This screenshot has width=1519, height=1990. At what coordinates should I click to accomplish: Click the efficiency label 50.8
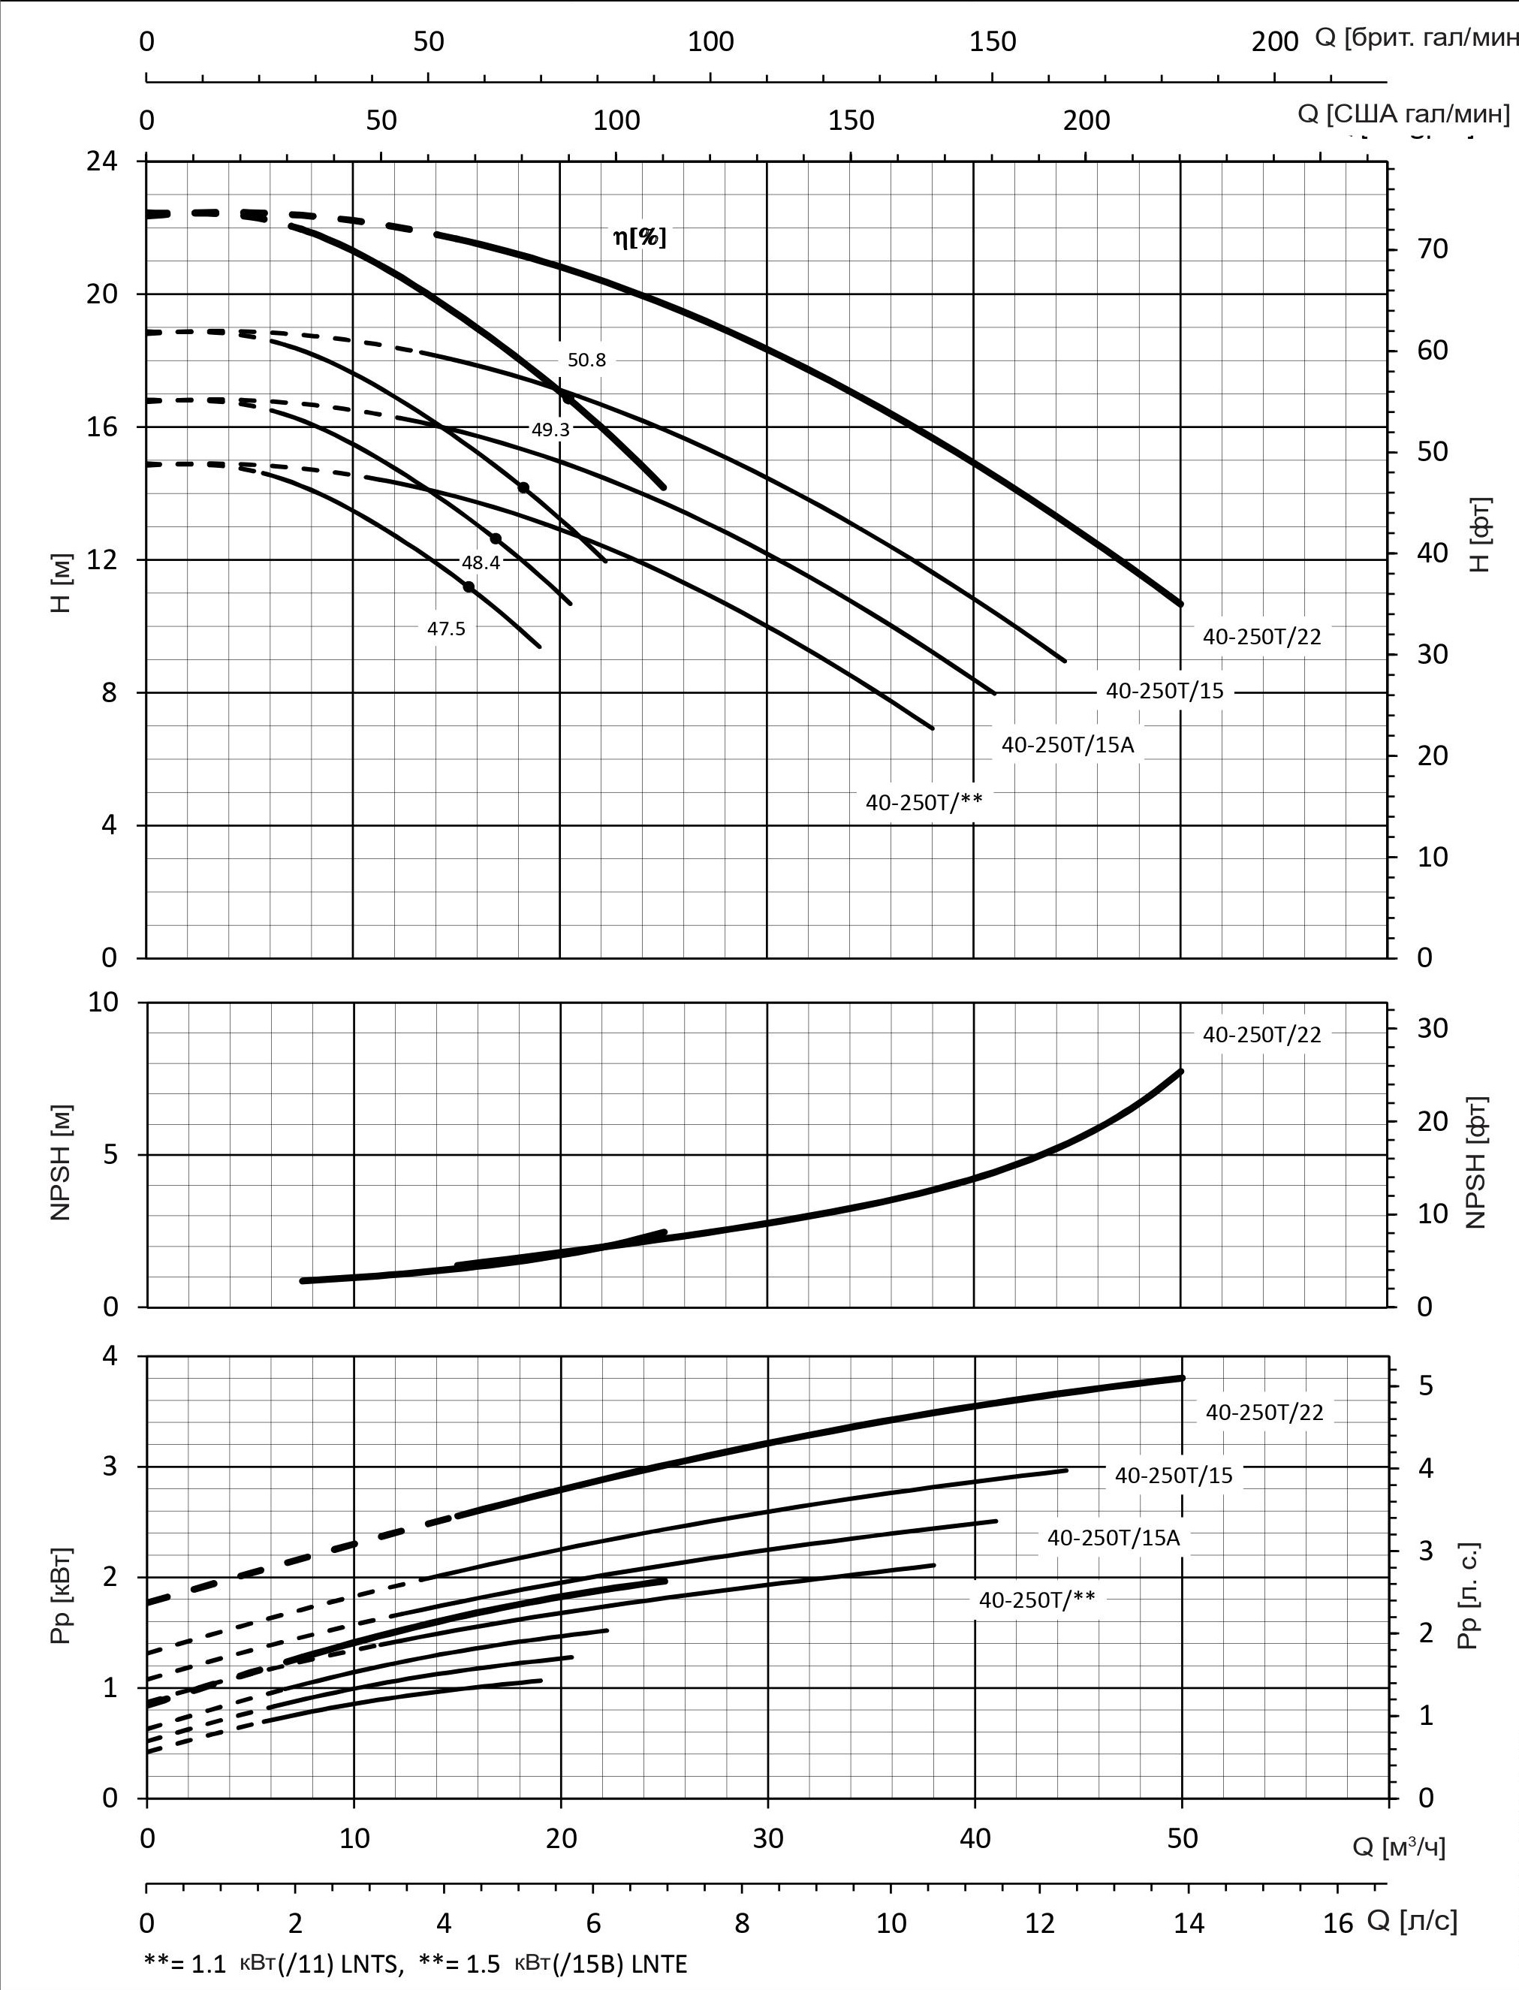(x=586, y=360)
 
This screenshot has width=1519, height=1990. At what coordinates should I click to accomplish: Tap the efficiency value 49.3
(x=550, y=430)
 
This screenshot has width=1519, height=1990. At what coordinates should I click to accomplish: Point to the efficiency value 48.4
(x=480, y=562)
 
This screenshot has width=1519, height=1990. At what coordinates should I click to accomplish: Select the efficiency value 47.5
(x=446, y=629)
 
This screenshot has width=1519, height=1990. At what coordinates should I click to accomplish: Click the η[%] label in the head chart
(x=639, y=238)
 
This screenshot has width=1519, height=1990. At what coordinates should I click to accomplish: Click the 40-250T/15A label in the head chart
(x=1067, y=745)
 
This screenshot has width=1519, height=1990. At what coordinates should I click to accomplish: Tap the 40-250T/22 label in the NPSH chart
(x=1261, y=1036)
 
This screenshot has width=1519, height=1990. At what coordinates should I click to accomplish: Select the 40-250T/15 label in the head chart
(x=1164, y=692)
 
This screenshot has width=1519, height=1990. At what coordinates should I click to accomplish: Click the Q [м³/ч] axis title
(x=1398, y=1847)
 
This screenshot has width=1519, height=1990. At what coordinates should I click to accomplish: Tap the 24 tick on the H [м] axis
(x=102, y=162)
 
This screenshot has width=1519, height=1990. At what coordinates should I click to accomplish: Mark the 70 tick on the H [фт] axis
(x=1432, y=249)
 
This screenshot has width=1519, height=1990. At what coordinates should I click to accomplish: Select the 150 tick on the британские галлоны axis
(x=992, y=41)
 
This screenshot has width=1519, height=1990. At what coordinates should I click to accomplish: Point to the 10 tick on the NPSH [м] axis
(x=102, y=1002)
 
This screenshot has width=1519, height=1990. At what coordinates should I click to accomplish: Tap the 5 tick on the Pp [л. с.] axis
(x=1425, y=1386)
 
